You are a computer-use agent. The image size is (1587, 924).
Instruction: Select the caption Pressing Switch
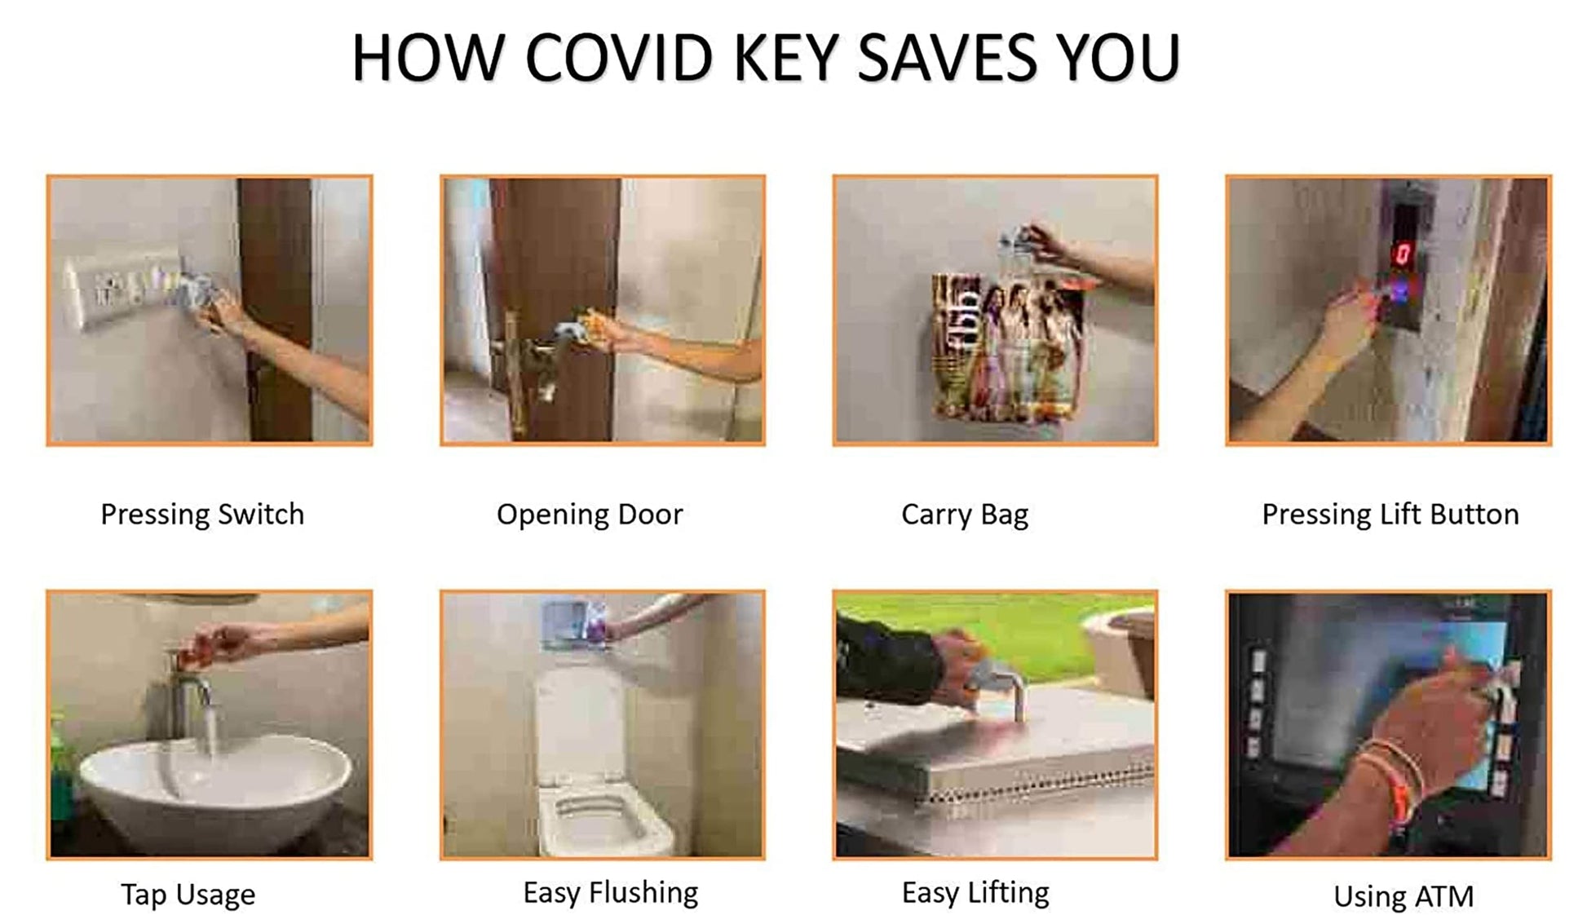(x=202, y=515)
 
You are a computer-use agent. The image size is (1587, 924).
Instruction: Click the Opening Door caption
(x=590, y=515)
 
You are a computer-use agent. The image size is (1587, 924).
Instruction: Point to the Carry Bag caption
(x=965, y=515)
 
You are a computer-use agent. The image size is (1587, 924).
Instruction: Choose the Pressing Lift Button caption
(x=1390, y=515)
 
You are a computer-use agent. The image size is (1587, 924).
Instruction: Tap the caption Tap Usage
(x=188, y=895)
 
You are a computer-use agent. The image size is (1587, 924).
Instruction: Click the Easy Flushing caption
(x=611, y=893)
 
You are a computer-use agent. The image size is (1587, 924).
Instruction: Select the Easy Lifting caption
(x=975, y=893)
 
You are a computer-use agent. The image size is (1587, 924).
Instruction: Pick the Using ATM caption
(x=1404, y=896)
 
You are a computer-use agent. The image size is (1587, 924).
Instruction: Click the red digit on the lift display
(x=1402, y=254)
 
